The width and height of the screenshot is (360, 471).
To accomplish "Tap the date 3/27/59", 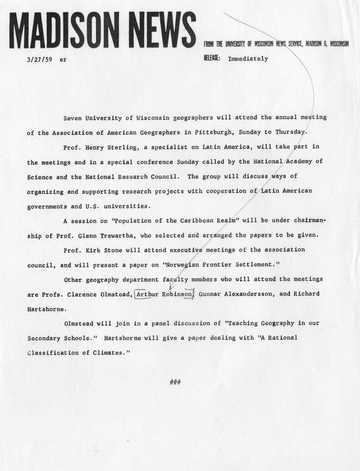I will coord(39,59).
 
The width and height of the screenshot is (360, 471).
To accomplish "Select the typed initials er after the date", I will coord(63,59).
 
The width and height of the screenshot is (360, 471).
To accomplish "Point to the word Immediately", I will coord(248,59).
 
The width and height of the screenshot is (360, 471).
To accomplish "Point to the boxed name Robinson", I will coord(177,294).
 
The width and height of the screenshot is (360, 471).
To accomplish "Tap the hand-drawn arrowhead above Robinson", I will coord(171,287).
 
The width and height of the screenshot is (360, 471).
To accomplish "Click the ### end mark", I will coord(175,382).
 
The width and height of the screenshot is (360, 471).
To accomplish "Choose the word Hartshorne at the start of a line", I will coord(45,309).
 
